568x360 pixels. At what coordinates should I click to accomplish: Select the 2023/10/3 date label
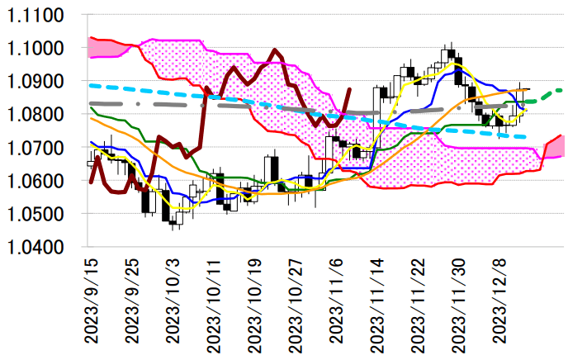[x=173, y=301]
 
